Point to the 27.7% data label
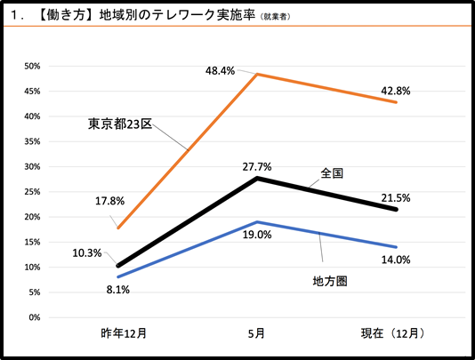[x=256, y=166]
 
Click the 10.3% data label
[x=89, y=252]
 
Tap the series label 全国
[x=334, y=172]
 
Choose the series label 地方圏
[x=328, y=281]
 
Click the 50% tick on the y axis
[x=33, y=66]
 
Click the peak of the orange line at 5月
[x=257, y=74]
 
